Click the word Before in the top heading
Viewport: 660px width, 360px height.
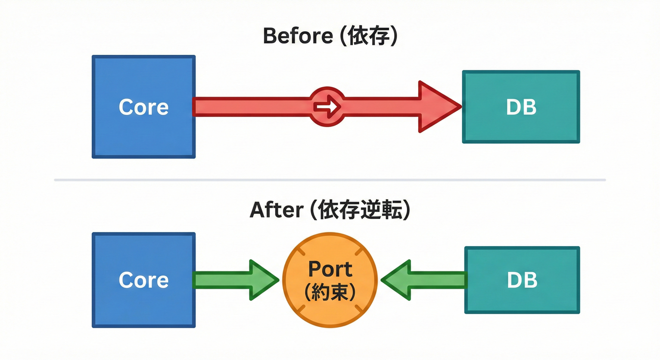(298, 36)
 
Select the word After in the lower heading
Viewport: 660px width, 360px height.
(276, 210)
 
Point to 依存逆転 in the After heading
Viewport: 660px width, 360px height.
(360, 210)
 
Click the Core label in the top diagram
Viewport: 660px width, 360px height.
(143, 107)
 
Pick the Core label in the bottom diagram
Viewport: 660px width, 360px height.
(143, 280)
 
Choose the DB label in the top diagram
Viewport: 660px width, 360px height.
(521, 107)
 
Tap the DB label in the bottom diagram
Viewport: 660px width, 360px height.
(522, 280)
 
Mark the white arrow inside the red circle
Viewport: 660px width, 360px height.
(328, 107)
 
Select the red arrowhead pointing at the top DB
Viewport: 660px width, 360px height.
(438, 107)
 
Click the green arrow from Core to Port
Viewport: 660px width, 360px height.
(234, 280)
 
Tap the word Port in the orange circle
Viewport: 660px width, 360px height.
(330, 270)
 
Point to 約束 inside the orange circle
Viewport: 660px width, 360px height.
(330, 293)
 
